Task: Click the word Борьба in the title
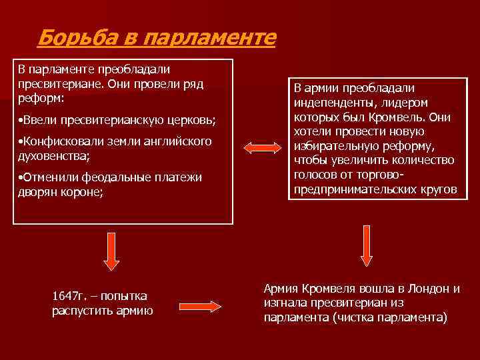pos(75,37)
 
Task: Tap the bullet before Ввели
pos(20,121)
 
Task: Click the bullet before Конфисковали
pos(20,142)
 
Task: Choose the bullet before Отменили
pos(20,178)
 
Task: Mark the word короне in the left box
pos(80,193)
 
